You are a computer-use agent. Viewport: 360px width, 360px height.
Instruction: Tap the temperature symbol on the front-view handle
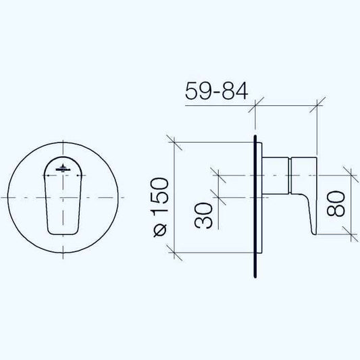pos(63,169)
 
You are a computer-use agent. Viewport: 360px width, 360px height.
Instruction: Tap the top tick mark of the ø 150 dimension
pos(175,143)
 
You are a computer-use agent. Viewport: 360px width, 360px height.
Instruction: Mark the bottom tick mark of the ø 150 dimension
pos(175,255)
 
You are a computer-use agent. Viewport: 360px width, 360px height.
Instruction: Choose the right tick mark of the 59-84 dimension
pos(317,105)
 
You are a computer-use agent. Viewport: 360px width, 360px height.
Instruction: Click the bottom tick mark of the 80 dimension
pos(350,232)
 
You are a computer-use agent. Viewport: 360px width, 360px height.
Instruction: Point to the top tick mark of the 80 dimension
pos(350,172)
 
